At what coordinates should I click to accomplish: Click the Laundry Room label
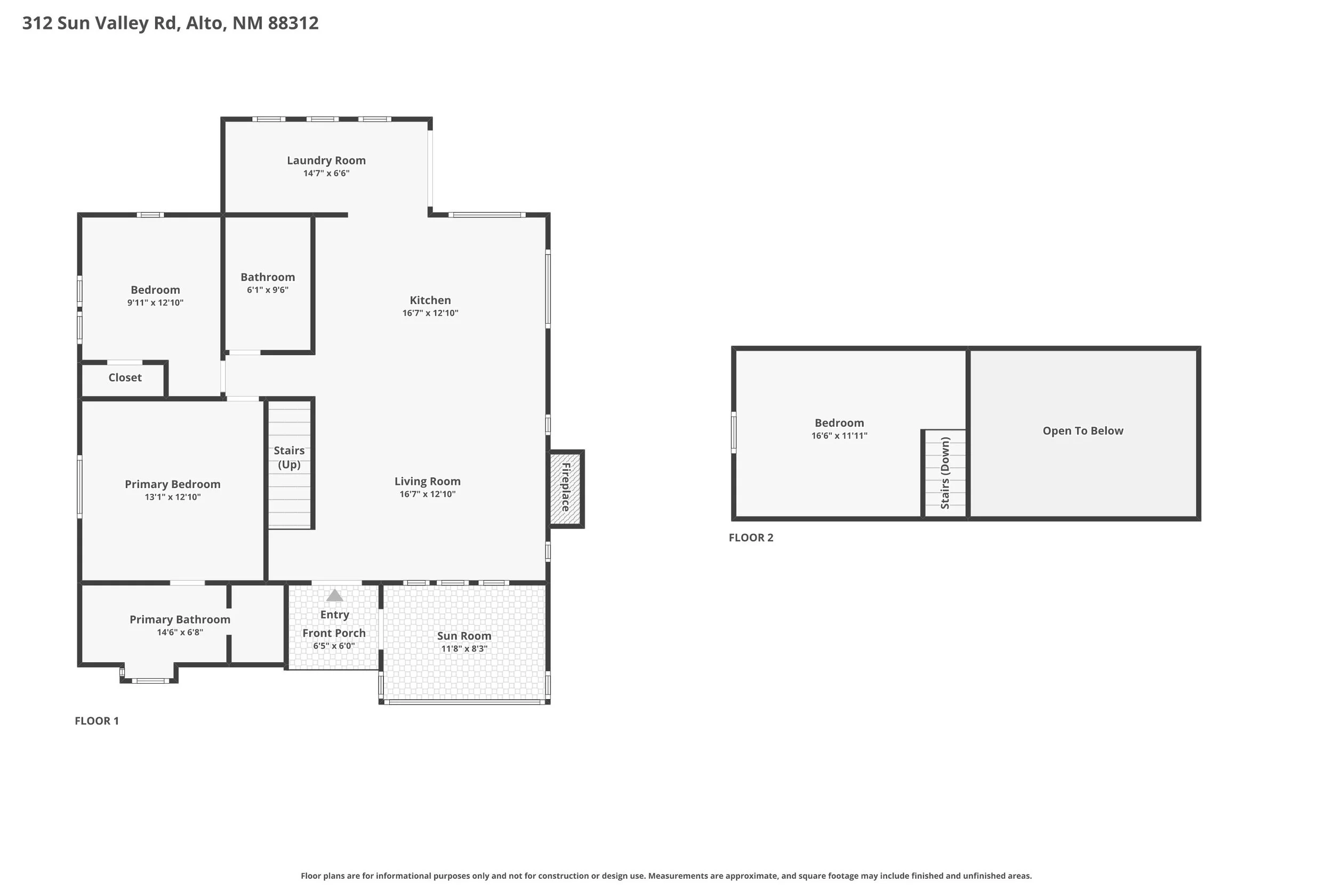click(326, 161)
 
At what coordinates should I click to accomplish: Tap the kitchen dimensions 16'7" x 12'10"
click(430, 313)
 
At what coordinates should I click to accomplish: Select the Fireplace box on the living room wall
click(566, 487)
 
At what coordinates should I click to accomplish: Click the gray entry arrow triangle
click(334, 595)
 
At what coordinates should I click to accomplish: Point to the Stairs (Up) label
click(289, 457)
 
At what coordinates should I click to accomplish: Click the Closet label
click(125, 378)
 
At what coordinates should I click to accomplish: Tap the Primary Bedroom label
click(172, 484)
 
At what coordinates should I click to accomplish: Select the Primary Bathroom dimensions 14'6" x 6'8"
click(180, 632)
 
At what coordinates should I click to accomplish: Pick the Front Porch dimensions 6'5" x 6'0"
click(334, 646)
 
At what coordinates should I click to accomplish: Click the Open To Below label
click(1082, 431)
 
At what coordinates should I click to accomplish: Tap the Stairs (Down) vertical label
click(945, 473)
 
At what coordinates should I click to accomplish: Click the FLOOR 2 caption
click(750, 538)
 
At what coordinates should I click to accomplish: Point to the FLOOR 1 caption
click(97, 720)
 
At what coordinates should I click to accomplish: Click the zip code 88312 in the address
click(293, 23)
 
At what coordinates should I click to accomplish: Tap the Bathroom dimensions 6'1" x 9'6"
click(268, 290)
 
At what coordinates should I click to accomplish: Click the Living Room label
click(427, 482)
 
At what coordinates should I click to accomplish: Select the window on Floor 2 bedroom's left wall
click(733, 433)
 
